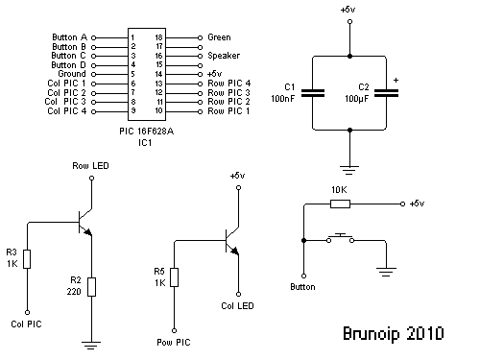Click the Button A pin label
click(x=68, y=37)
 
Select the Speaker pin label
click(x=224, y=56)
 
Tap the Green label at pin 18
click(x=219, y=37)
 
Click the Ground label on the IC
click(x=71, y=74)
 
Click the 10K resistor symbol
click(x=339, y=204)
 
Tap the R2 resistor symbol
click(x=90, y=286)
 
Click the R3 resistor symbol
click(x=28, y=258)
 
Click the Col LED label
click(x=236, y=306)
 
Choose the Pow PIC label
click(x=173, y=340)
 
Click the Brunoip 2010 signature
click(x=393, y=335)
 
